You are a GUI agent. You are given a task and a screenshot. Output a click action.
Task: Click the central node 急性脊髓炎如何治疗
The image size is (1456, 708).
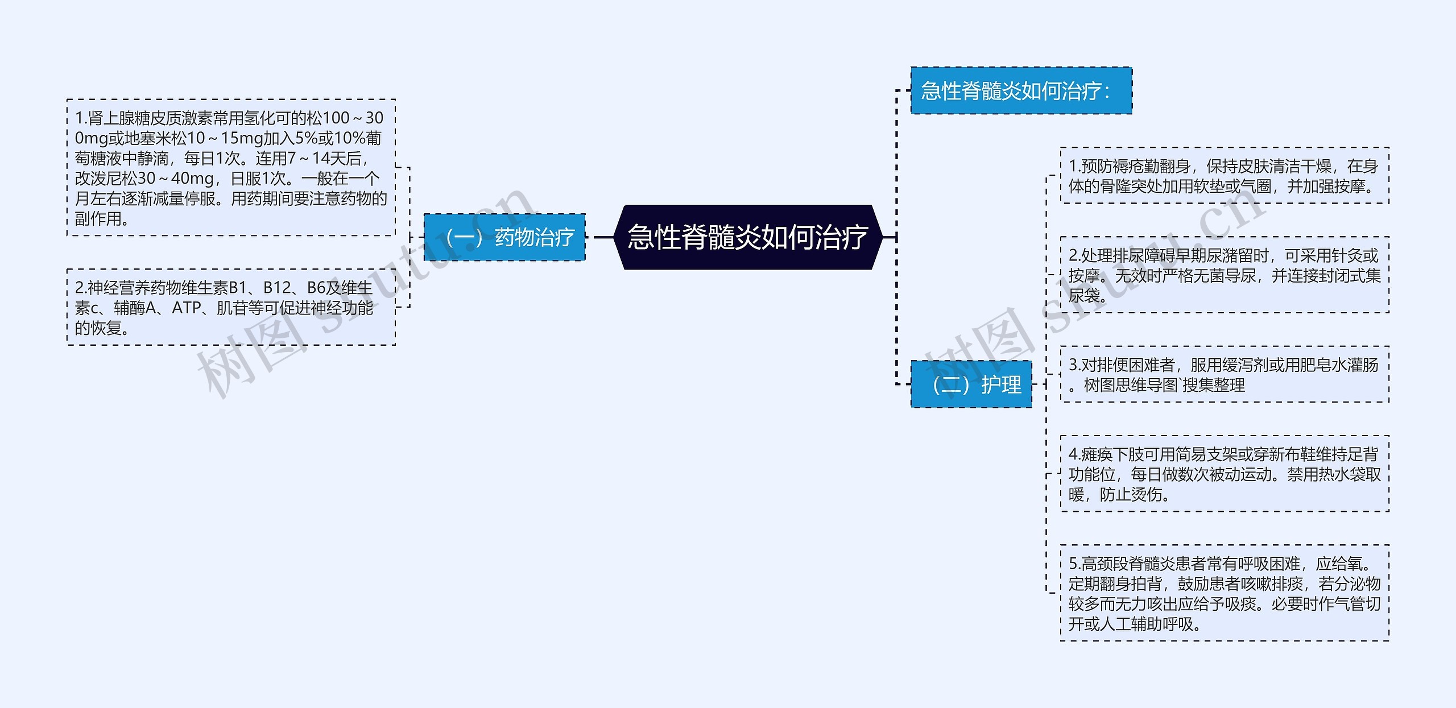(747, 237)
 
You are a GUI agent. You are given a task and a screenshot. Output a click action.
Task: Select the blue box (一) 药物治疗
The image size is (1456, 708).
(504, 237)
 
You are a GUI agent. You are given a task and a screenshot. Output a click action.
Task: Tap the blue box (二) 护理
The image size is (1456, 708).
(971, 384)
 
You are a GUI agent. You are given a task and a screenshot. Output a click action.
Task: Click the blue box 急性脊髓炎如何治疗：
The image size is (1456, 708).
(1021, 91)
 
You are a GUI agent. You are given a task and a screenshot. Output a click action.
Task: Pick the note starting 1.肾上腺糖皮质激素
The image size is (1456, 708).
(231, 168)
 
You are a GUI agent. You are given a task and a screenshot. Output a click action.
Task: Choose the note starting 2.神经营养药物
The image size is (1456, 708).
(231, 307)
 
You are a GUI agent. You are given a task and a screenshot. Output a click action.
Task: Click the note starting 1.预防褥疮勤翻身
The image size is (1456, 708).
(1225, 176)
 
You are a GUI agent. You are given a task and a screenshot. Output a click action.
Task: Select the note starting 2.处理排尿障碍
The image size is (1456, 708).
(1225, 275)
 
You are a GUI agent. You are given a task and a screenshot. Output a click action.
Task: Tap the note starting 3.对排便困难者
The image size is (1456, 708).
(1225, 374)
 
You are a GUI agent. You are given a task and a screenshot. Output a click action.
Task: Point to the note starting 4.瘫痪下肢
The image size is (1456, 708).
(1225, 474)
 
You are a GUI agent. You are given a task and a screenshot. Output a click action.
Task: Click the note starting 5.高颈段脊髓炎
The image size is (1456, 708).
(1225, 593)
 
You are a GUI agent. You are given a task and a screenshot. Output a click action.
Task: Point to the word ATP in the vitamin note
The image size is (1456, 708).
(187, 308)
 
